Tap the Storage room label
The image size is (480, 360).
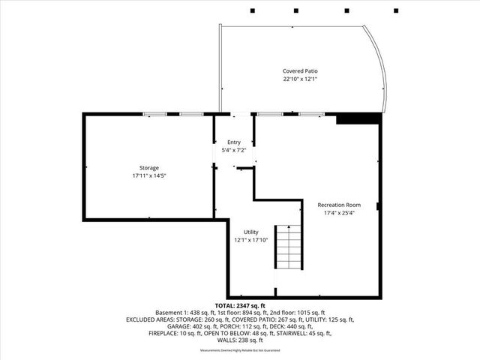pyautogui.click(x=148, y=167)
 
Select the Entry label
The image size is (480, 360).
pyautogui.click(x=234, y=142)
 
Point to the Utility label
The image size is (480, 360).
pyautogui.click(x=250, y=232)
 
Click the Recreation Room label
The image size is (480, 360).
pyautogui.click(x=339, y=205)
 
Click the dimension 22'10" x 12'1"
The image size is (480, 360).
pyautogui.click(x=301, y=79)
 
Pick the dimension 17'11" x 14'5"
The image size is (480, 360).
pyautogui.click(x=148, y=175)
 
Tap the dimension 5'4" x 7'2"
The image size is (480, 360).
pyautogui.click(x=234, y=150)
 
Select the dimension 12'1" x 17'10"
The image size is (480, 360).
pyautogui.click(x=250, y=241)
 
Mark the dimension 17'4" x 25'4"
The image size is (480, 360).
pyautogui.click(x=339, y=213)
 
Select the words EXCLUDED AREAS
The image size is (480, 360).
pyautogui.click(x=153, y=319)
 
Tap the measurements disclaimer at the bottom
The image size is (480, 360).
pyautogui.click(x=240, y=350)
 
